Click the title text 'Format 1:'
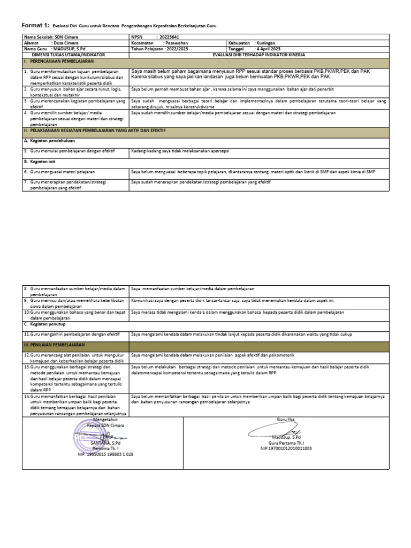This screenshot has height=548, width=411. (35, 25)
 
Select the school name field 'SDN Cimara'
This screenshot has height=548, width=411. (66, 37)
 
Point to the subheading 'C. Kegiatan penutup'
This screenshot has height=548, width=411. (43, 324)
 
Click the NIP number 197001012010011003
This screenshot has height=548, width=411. (286, 448)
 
